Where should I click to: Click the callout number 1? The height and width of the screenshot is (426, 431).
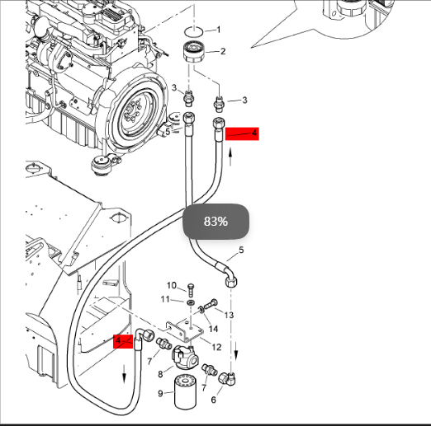pyautogui.click(x=219, y=30)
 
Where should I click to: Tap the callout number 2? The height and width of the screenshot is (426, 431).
pyautogui.click(x=223, y=51)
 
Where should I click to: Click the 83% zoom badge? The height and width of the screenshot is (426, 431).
pyautogui.click(x=216, y=221)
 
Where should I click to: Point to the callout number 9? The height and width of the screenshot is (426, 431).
pyautogui.click(x=161, y=393)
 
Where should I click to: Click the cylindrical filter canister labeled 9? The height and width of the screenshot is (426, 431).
pyautogui.click(x=186, y=392)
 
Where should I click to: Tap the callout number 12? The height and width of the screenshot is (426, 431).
pyautogui.click(x=216, y=347)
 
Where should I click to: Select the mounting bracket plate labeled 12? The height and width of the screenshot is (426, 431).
pyautogui.click(x=185, y=331)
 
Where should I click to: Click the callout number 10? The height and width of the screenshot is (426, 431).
pyautogui.click(x=172, y=285)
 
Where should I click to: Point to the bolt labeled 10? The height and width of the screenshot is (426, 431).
pyautogui.click(x=190, y=290)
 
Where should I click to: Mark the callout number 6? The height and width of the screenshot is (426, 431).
pyautogui.click(x=214, y=400)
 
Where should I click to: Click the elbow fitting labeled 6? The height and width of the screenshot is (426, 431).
pyautogui.click(x=227, y=378)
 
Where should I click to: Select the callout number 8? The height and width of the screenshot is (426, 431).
pyautogui.click(x=160, y=374)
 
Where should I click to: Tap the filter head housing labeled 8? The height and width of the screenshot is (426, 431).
pyautogui.click(x=185, y=358)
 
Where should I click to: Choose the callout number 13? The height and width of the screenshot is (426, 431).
pyautogui.click(x=229, y=315)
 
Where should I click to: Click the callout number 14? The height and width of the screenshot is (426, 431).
pyautogui.click(x=213, y=329)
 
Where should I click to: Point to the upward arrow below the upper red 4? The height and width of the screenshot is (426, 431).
pyautogui.click(x=230, y=157)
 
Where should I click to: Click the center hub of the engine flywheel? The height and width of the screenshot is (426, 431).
pyautogui.click(x=131, y=110)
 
